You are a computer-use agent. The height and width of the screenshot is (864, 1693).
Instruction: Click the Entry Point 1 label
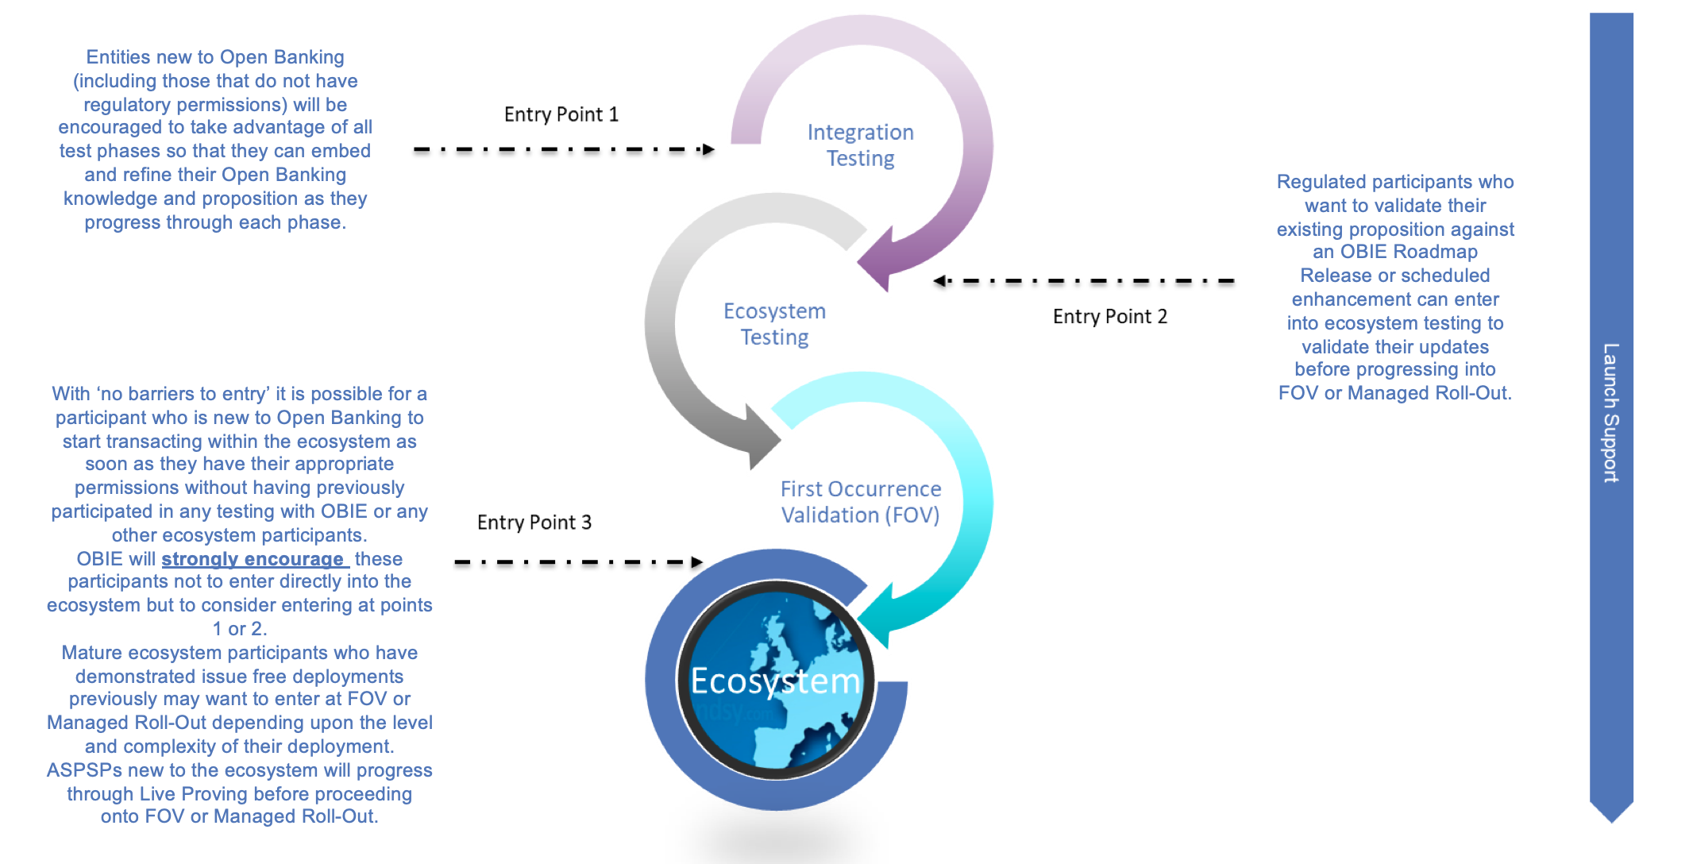pos(561,115)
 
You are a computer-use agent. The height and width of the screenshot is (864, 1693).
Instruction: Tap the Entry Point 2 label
pos(1109,317)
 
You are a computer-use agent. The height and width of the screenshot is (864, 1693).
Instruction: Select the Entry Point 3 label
pos(534,523)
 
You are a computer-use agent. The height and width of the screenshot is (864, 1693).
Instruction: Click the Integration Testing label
pos(860,145)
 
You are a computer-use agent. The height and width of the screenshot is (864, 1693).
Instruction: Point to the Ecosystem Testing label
pos(774,324)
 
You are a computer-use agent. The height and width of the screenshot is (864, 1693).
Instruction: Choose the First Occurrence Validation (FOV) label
pos(860,502)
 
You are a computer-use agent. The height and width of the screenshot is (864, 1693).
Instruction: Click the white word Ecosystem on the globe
pos(775,681)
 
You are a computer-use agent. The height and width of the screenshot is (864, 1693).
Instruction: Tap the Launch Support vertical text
pos(1610,413)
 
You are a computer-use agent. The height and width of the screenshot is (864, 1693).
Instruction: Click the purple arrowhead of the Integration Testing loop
pos(877,258)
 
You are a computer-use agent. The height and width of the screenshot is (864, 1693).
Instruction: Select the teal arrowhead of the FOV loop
pos(877,615)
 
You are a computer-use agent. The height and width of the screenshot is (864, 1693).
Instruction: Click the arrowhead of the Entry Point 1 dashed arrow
pos(708,149)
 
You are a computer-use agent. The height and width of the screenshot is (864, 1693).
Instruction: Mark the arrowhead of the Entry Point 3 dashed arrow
pos(696,562)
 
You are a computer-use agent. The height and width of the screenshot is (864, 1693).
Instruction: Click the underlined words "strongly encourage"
pos(253,559)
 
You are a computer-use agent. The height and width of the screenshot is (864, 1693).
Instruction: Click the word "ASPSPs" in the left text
pos(84,770)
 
